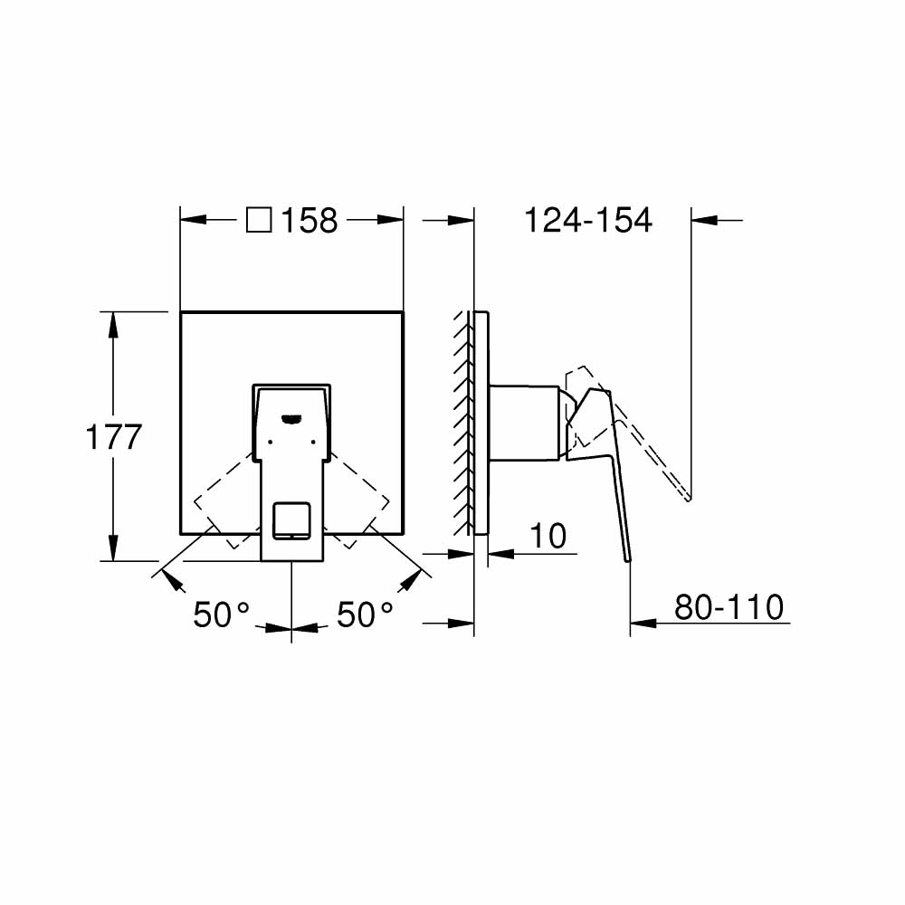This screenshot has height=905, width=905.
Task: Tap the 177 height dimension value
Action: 114,437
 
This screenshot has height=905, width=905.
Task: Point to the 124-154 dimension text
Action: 588,220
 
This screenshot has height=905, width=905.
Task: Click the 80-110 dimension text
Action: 729,607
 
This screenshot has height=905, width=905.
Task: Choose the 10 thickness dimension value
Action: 548,536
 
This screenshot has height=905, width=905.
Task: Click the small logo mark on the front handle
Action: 291,418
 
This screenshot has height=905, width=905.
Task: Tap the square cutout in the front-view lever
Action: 291,519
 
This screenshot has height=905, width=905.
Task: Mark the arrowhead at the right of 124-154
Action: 704,219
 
